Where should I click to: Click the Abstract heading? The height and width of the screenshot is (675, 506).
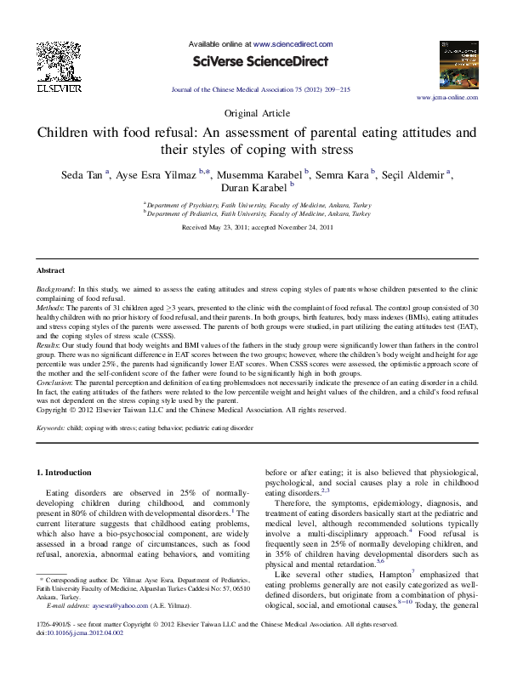(50, 270)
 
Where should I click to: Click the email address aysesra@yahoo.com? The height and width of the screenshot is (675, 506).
(101, 629)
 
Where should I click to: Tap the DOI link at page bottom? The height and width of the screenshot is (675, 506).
(77, 655)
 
